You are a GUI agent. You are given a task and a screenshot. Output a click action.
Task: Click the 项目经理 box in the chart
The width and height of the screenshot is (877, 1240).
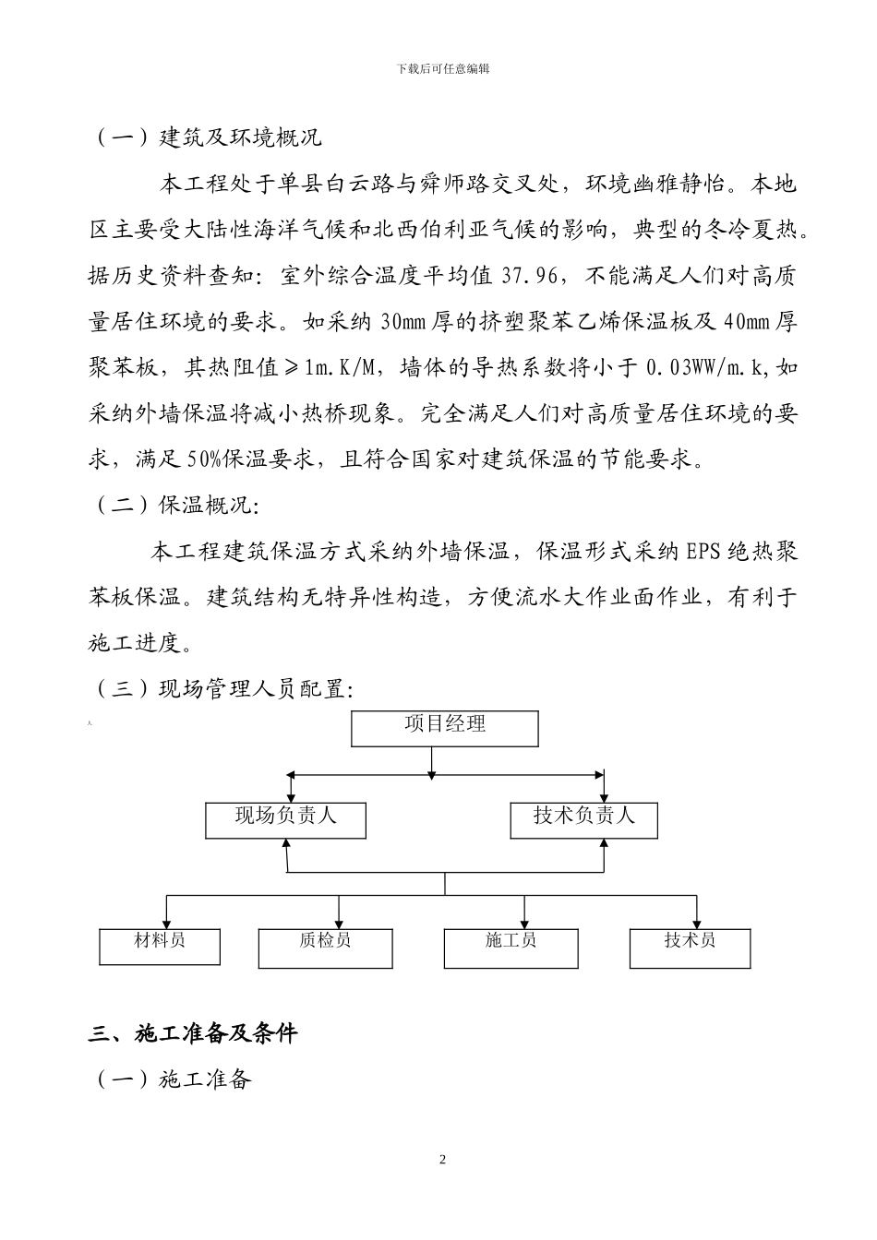[445, 727]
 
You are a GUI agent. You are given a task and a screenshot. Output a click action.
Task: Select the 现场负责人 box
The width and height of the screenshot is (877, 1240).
[285, 819]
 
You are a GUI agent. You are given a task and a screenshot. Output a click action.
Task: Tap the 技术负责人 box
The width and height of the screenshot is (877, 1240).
[583, 819]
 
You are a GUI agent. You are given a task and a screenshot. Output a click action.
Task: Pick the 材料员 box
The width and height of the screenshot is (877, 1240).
[160, 946]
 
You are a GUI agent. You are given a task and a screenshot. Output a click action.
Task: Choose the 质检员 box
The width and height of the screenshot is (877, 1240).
[325, 948]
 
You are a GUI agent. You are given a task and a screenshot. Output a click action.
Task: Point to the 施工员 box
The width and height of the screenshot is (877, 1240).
[511, 948]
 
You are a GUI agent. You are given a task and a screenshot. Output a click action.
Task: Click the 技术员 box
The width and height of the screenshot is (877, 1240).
[690, 948]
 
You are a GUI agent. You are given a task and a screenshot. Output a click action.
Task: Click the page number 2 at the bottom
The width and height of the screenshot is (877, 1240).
[442, 1160]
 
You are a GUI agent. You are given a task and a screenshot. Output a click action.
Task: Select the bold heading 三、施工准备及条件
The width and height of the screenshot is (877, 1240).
[193, 1033]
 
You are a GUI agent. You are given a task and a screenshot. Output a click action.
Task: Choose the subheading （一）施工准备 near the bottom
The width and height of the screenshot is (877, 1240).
[174, 1079]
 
